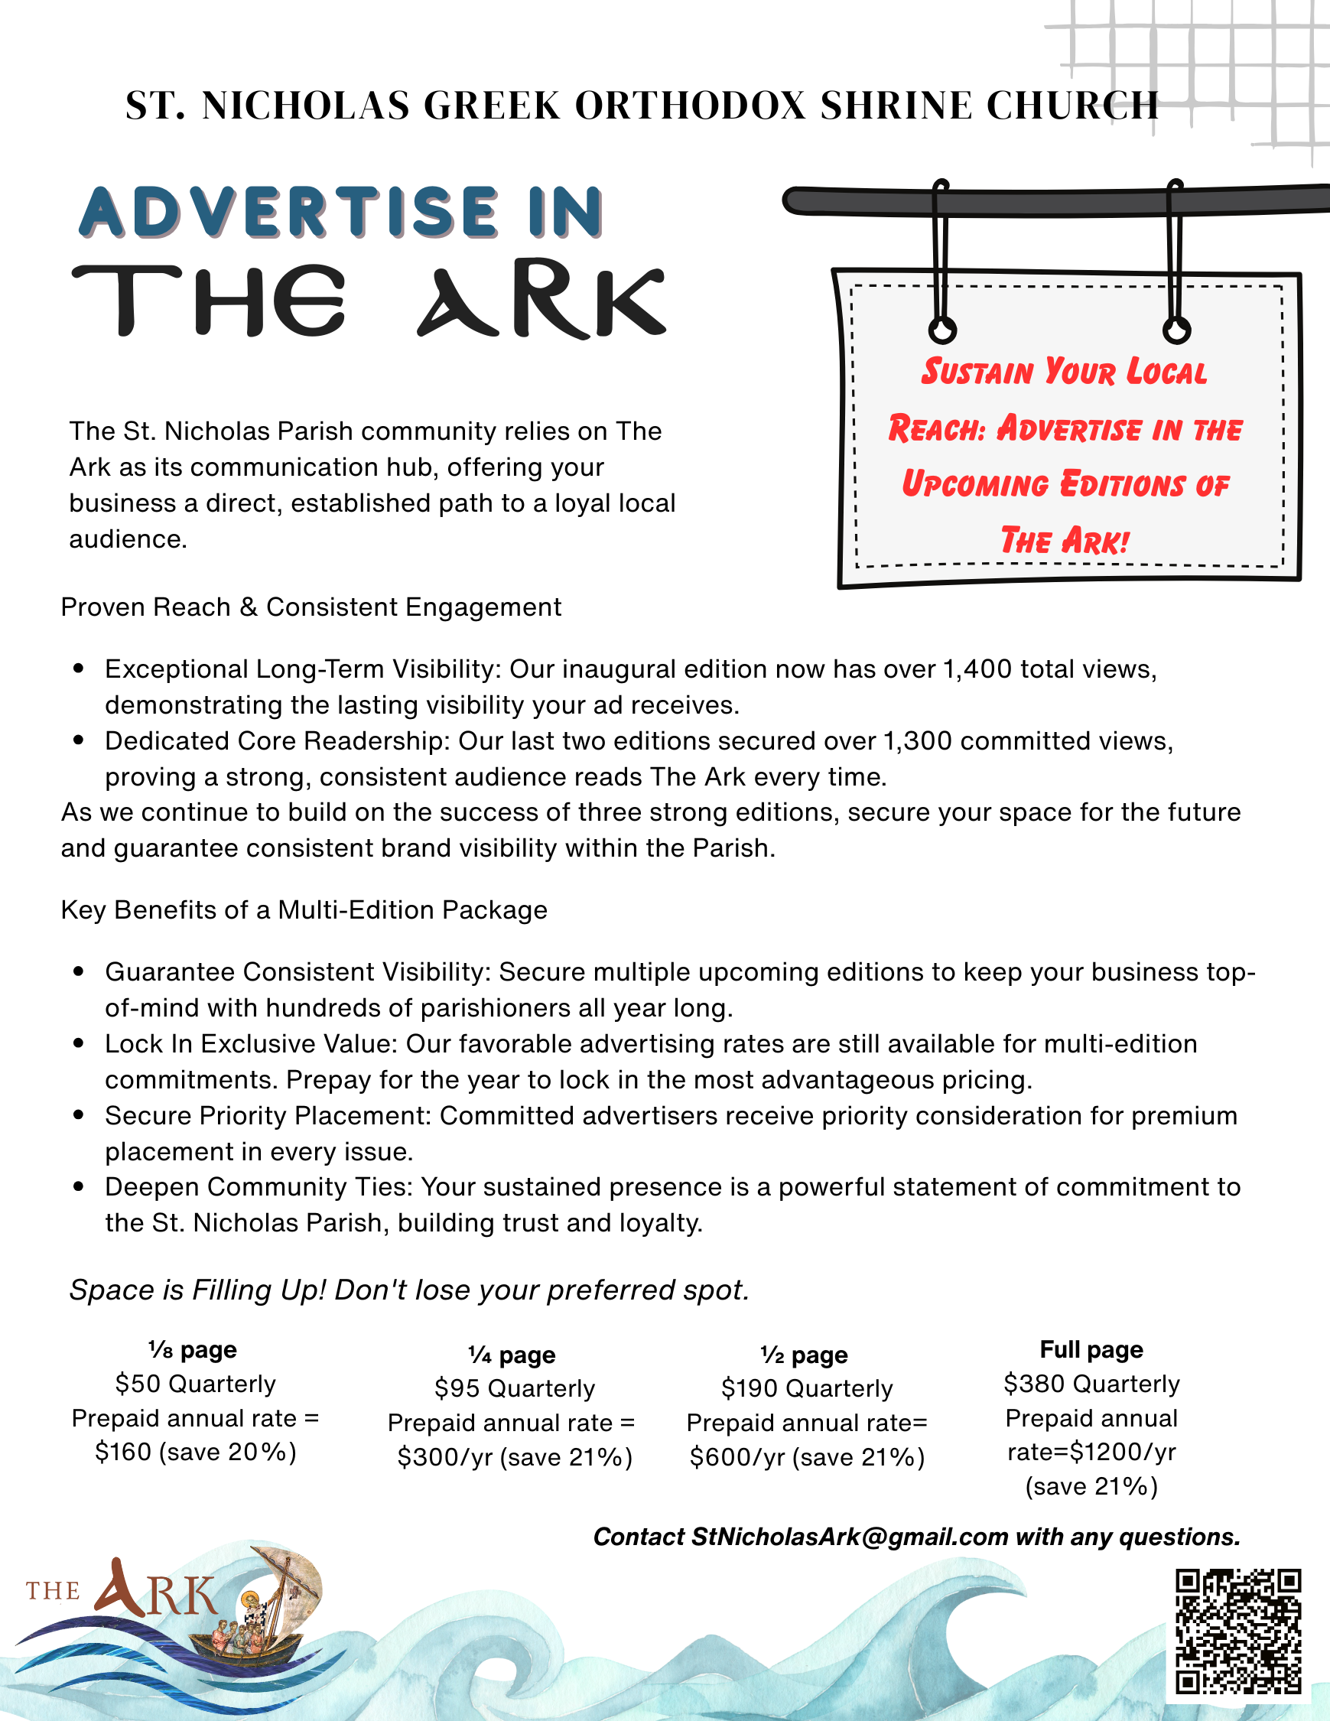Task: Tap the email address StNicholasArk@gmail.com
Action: (x=850, y=1537)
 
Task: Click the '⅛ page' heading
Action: (x=193, y=1350)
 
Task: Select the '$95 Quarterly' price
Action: (x=515, y=1388)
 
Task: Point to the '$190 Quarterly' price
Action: (x=807, y=1388)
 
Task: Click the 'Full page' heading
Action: (x=1091, y=1350)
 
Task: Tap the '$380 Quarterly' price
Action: (x=1091, y=1384)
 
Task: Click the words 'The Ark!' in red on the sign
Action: (x=1065, y=541)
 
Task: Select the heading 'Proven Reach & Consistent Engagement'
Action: (x=311, y=607)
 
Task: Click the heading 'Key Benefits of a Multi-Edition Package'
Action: (x=304, y=910)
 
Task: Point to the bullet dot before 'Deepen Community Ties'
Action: (x=78, y=1187)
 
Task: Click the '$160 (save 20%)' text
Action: (x=195, y=1452)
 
